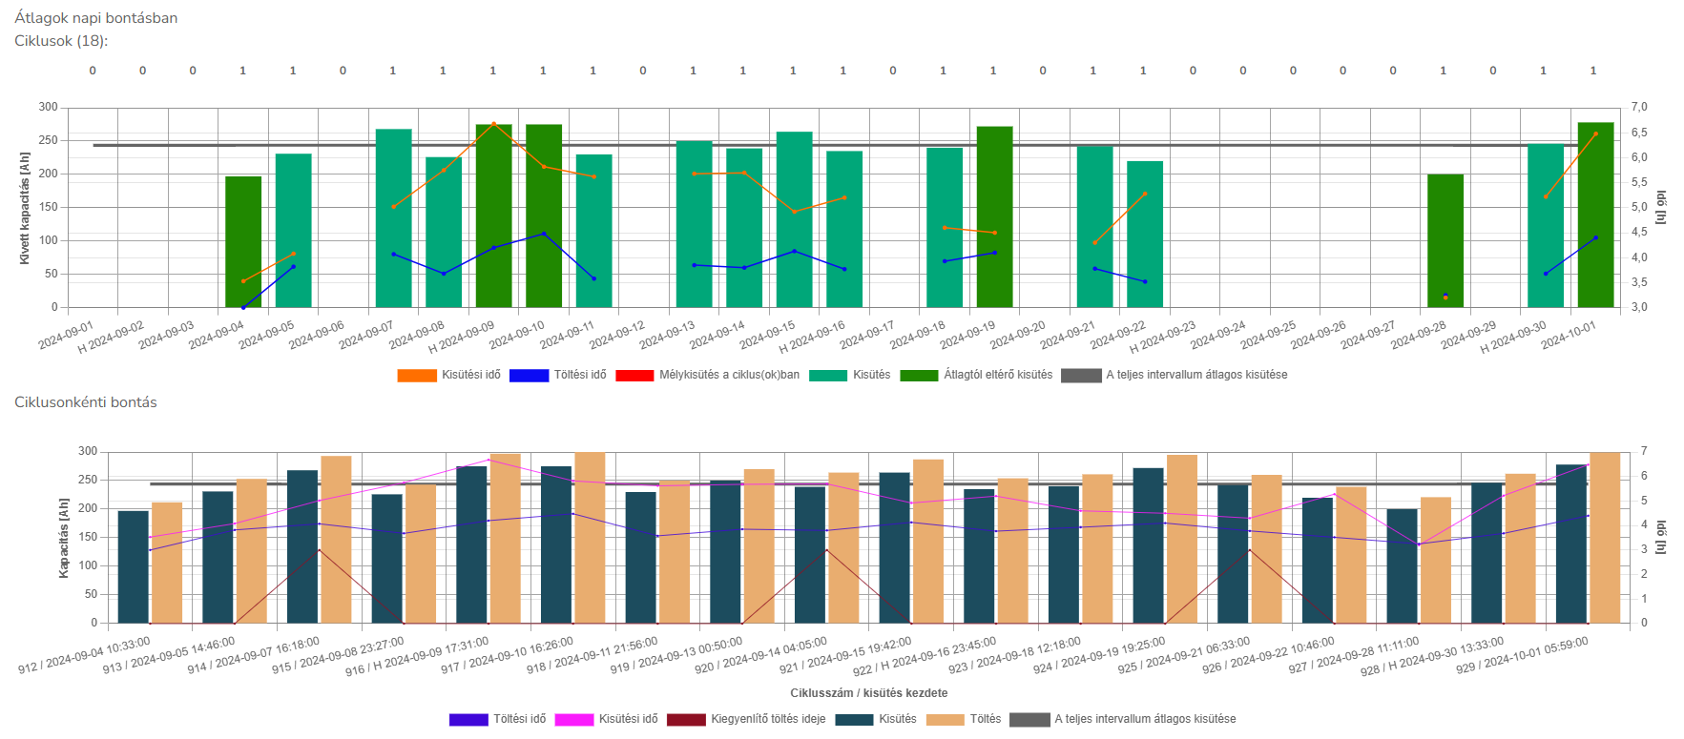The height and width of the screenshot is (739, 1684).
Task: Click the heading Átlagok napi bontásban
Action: [x=96, y=18]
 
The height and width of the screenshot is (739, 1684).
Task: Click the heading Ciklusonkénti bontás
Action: [x=86, y=402]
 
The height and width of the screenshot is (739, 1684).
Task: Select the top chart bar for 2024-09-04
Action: [x=243, y=242]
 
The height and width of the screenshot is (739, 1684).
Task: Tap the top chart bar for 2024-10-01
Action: [x=1595, y=216]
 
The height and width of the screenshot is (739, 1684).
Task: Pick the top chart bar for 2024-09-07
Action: [x=393, y=218]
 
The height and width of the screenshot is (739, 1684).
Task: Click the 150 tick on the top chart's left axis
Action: [x=48, y=207]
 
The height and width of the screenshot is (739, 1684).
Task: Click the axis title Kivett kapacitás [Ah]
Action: [x=25, y=208]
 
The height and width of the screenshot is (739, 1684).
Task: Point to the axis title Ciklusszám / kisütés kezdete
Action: [x=868, y=693]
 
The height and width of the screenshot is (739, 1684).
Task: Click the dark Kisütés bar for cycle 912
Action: [x=134, y=567]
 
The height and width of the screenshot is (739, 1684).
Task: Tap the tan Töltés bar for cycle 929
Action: [x=1605, y=538]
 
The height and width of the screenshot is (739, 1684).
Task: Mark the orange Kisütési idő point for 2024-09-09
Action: [x=493, y=123]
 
